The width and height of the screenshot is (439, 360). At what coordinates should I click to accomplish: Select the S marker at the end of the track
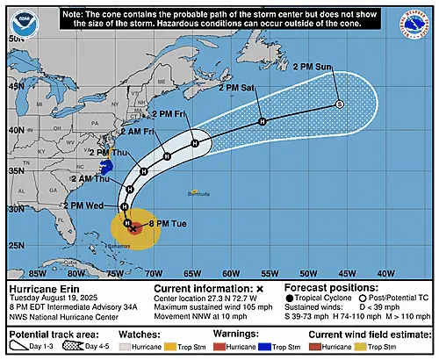click(x=339, y=104)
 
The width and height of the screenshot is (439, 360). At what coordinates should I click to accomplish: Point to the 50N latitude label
click(x=16, y=39)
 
